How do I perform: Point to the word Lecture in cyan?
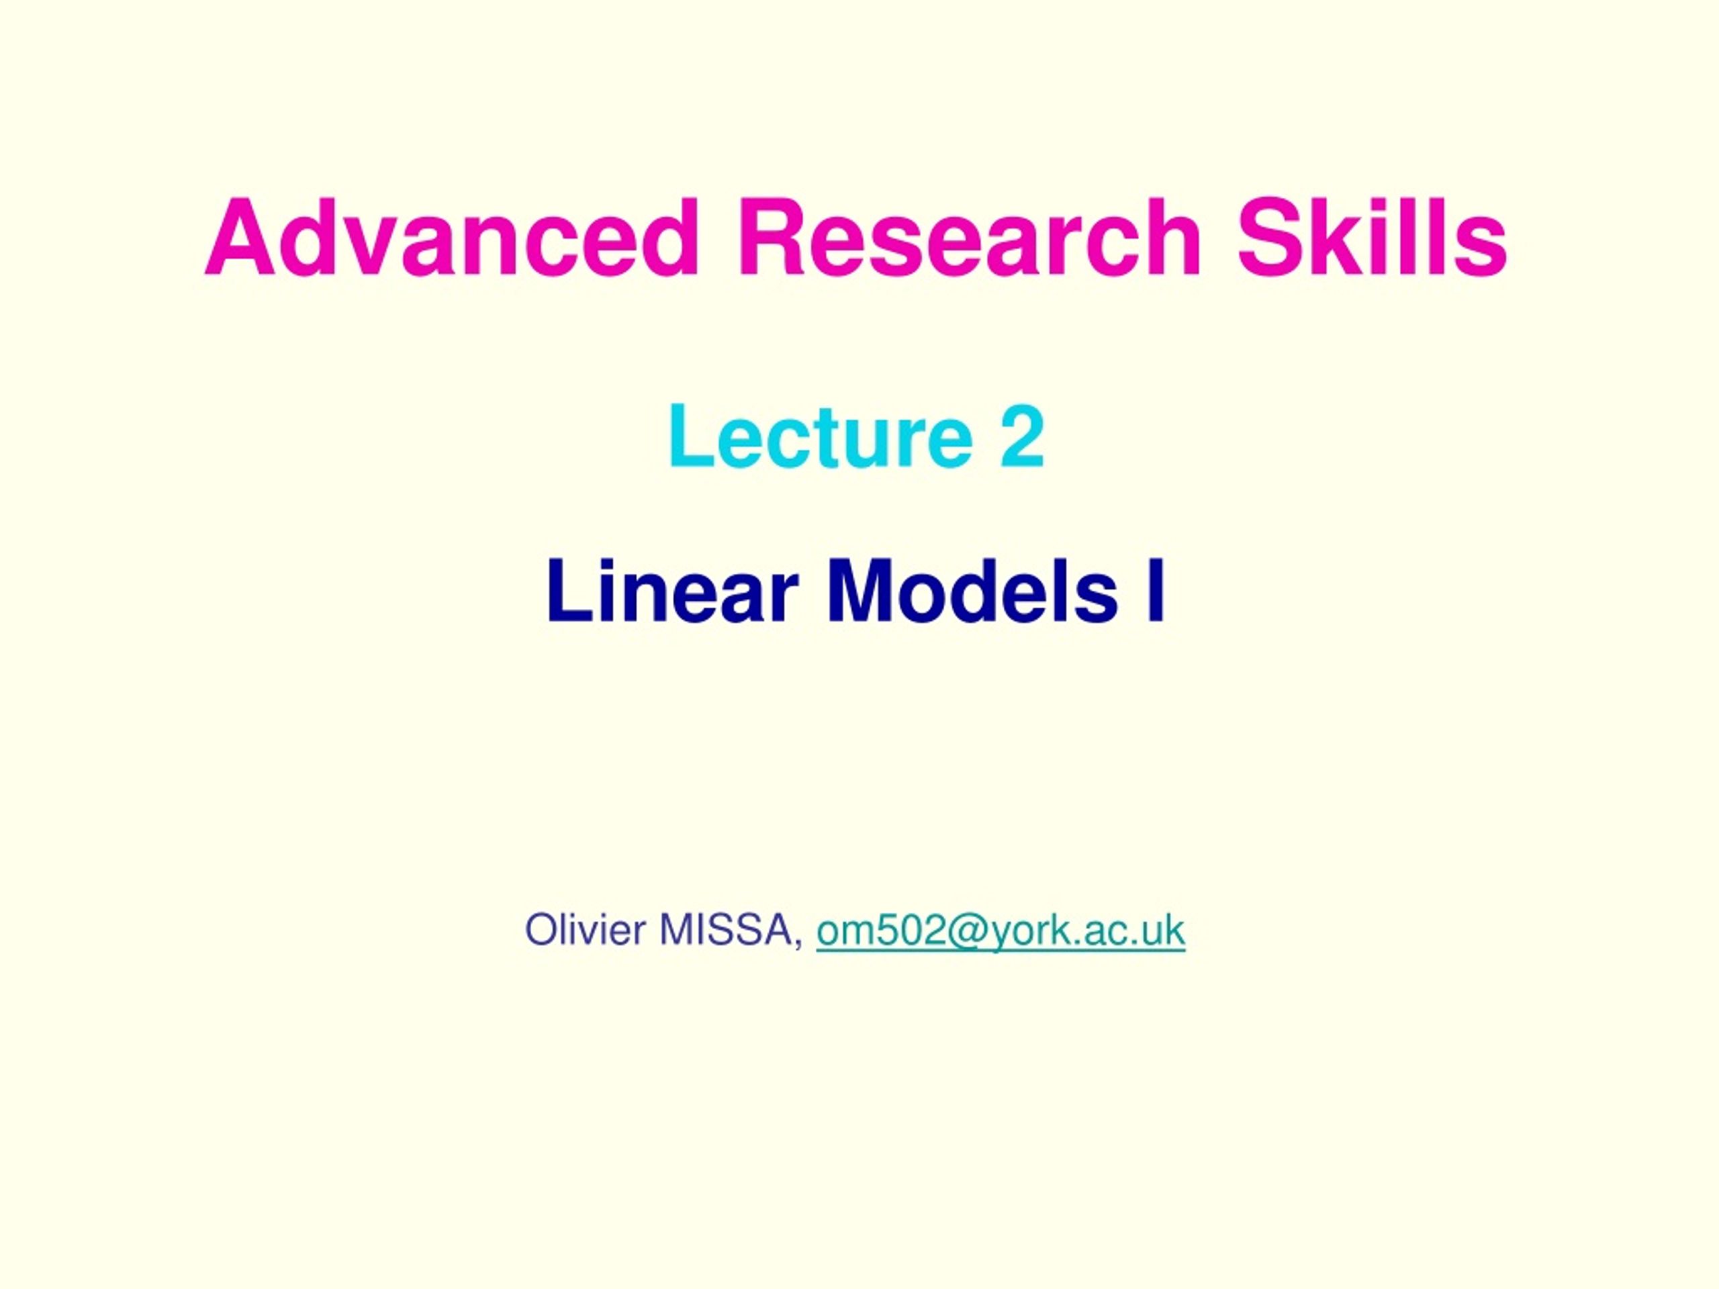pos(821,436)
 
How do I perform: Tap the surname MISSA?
pos(727,929)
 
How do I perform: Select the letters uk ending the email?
pos(1165,929)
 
